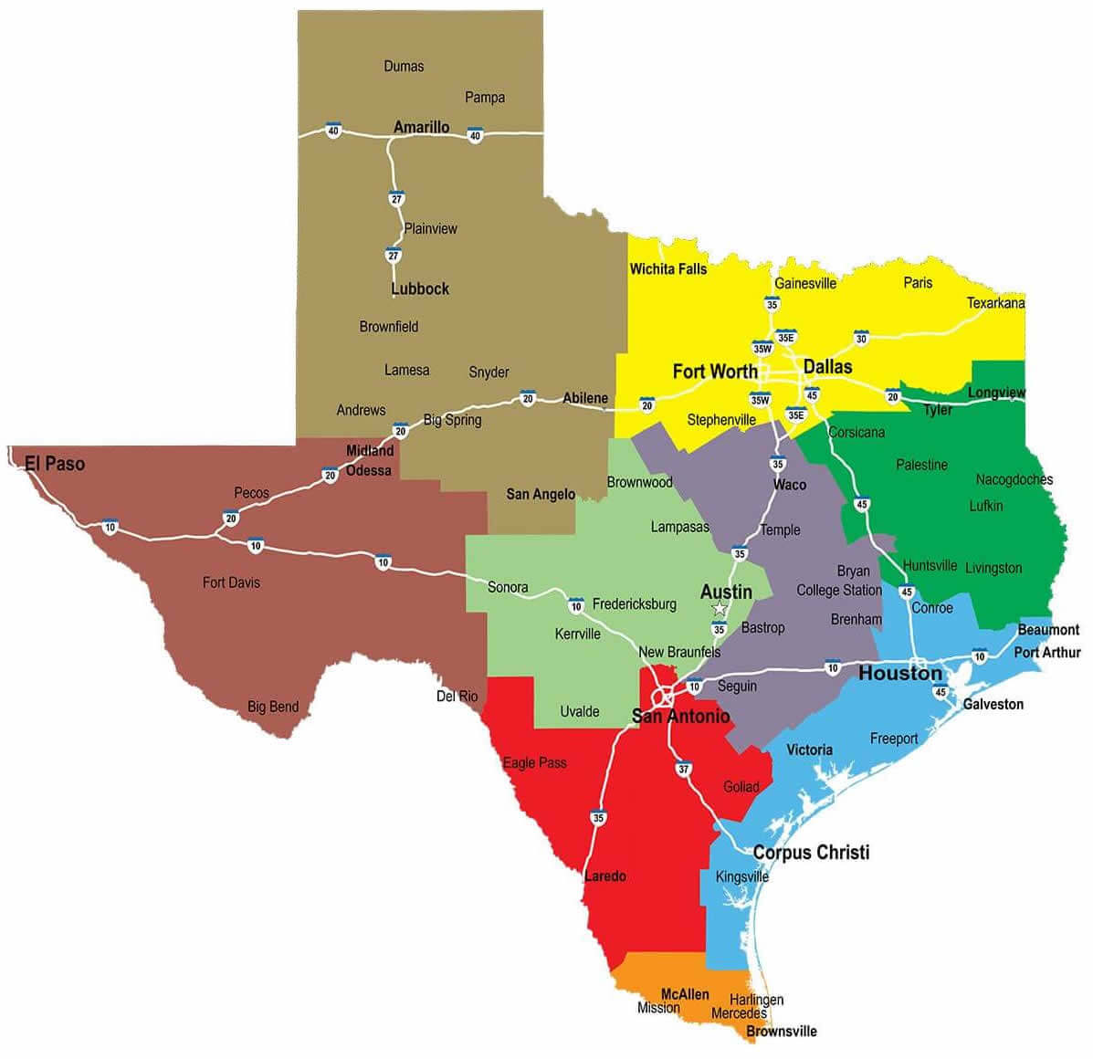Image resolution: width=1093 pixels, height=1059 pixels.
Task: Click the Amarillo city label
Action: tap(421, 127)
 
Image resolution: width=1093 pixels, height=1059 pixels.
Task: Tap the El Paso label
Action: tap(55, 464)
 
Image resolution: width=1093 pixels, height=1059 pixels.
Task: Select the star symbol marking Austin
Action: tap(720, 609)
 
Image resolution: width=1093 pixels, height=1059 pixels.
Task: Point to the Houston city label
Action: tap(899, 674)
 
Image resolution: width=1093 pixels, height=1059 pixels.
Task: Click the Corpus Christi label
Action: tap(811, 853)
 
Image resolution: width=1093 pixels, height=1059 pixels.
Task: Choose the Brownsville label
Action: tap(782, 1032)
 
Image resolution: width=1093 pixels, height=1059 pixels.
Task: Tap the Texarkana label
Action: tap(995, 303)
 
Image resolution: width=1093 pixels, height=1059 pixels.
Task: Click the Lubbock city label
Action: tap(420, 288)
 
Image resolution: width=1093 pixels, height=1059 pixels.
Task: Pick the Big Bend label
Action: tap(273, 707)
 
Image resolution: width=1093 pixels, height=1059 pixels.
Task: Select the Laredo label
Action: tap(604, 876)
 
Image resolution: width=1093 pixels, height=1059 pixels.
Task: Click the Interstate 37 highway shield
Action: tap(684, 769)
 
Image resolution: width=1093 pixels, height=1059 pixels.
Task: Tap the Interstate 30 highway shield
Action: tap(860, 338)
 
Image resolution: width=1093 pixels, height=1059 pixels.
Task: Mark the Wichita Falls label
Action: tap(668, 268)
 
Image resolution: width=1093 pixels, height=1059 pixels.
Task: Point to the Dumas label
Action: tap(404, 66)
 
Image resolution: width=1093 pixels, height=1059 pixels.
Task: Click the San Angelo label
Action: tap(541, 494)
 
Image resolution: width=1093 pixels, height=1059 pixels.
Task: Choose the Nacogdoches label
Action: tap(1014, 479)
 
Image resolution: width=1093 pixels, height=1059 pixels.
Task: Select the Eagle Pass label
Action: tap(535, 762)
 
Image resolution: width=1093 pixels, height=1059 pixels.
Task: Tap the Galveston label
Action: tap(993, 704)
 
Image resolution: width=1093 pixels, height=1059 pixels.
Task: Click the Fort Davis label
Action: tap(231, 582)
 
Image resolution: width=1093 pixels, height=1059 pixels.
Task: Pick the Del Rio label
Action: tap(457, 697)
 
